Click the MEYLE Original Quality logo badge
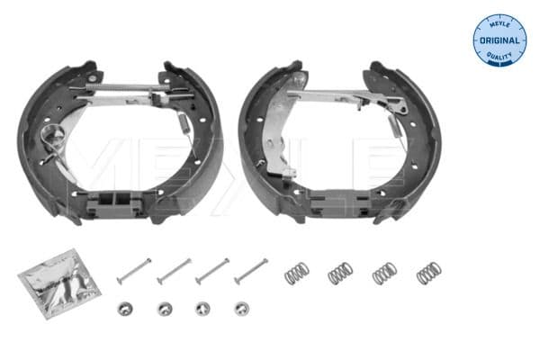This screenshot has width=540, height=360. pos(499,40)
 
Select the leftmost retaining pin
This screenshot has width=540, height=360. pos(132,267)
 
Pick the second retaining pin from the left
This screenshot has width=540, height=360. pos(174,269)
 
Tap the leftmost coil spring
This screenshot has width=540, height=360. pos(296,273)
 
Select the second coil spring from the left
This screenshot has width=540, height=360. pos(339,273)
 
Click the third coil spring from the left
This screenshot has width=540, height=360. pos(383,273)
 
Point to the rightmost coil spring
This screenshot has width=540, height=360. pos(428,272)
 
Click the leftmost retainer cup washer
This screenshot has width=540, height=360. pos(124,308)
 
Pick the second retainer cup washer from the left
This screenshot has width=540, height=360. pos(164,309)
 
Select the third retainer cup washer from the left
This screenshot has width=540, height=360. pos(202,309)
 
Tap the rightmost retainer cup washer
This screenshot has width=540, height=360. pos(241,309)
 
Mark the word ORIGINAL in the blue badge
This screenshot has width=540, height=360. pos(500,40)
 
